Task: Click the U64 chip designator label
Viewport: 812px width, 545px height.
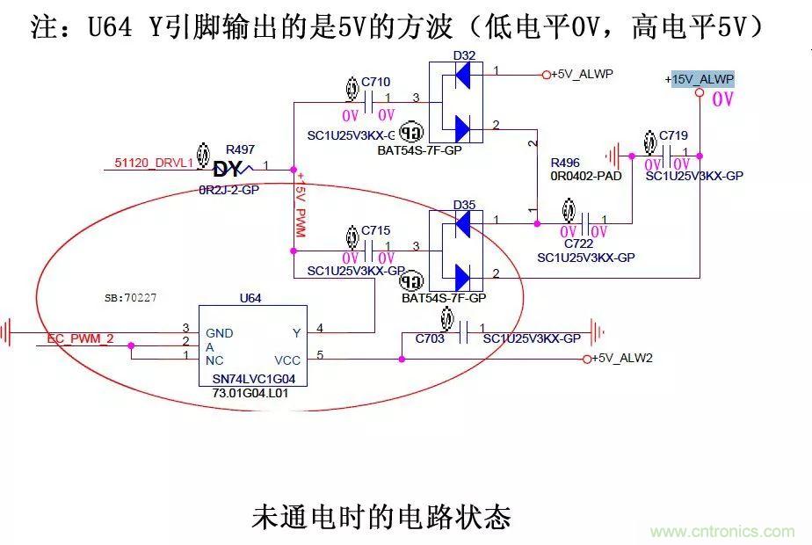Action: click(250, 298)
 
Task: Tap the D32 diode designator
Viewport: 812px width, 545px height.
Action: click(464, 55)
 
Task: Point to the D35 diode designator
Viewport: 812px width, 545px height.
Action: click(464, 205)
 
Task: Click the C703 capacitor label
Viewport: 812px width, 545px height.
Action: click(430, 338)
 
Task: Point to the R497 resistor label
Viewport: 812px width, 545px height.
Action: click(240, 149)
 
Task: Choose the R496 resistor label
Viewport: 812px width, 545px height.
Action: click(565, 163)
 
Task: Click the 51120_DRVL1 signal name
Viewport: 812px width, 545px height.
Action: click(154, 163)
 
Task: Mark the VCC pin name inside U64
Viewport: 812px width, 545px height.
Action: click(287, 360)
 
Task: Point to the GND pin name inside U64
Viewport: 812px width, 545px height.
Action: click(220, 333)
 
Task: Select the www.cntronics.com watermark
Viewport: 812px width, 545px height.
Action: click(722, 532)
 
